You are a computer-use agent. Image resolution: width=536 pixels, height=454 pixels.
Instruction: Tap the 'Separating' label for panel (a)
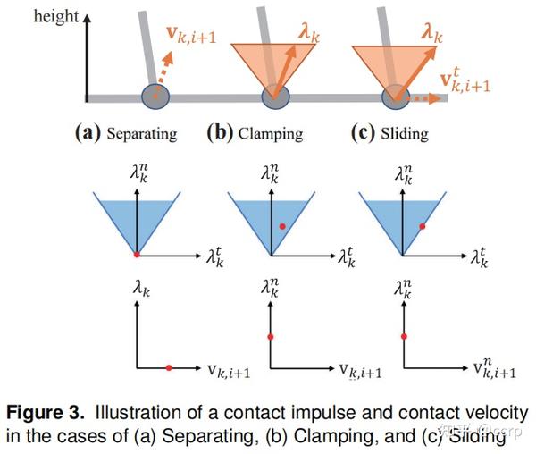(141, 134)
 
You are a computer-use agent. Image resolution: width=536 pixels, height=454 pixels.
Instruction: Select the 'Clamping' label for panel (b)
(270, 134)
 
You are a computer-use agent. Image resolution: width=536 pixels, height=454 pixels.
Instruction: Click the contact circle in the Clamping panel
(275, 96)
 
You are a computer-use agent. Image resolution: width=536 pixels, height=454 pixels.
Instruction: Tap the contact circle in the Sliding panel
(396, 96)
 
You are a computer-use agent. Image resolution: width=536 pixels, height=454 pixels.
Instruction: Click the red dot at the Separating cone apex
(136, 256)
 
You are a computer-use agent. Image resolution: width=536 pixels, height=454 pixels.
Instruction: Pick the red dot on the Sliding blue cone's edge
(422, 228)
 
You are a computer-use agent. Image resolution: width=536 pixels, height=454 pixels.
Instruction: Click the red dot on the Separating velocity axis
(169, 366)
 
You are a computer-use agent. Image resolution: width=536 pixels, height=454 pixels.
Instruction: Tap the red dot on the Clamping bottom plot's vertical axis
(270, 336)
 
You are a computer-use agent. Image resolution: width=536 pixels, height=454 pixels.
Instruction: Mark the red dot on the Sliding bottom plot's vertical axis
(404, 336)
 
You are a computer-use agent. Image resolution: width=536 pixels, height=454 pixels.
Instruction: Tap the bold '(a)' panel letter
(88, 134)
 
